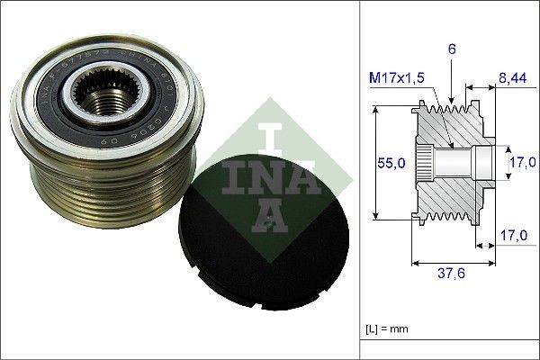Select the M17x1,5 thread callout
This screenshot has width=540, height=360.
395,78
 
